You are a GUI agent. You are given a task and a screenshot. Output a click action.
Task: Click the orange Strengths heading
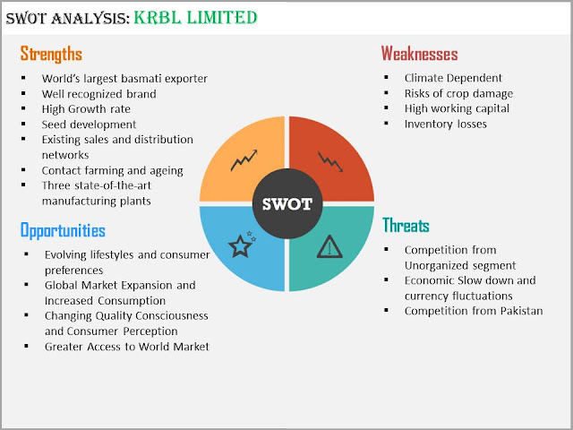(x=51, y=54)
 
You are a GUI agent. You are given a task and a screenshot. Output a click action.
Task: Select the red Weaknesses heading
(x=419, y=54)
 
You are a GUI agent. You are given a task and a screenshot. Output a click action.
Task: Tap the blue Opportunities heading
(x=63, y=230)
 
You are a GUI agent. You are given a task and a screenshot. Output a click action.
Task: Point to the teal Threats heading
(x=406, y=225)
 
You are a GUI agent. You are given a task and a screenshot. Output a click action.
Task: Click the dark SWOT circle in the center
(x=287, y=203)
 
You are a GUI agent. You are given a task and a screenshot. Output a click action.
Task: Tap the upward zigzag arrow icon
(x=244, y=159)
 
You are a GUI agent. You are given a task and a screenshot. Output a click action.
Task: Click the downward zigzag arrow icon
(x=330, y=161)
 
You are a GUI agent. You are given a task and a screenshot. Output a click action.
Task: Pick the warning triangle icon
(x=329, y=246)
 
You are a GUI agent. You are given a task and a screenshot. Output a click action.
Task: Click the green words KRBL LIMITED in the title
(x=195, y=18)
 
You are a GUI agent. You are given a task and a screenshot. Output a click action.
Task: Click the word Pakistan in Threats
(x=521, y=311)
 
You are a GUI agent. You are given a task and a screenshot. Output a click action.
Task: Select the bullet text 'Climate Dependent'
(x=453, y=78)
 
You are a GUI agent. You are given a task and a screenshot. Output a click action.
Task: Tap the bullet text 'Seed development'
(x=89, y=125)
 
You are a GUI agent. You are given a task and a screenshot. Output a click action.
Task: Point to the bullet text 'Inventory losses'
(x=446, y=124)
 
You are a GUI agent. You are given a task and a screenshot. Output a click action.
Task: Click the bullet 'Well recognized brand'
(x=99, y=94)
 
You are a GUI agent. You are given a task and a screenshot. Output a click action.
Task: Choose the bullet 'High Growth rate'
(x=86, y=109)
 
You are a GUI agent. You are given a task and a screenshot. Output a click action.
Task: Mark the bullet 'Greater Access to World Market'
(x=127, y=347)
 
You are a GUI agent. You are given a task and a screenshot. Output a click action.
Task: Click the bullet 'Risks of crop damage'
(x=458, y=93)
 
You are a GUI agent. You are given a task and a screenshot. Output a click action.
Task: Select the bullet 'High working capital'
(x=457, y=108)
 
